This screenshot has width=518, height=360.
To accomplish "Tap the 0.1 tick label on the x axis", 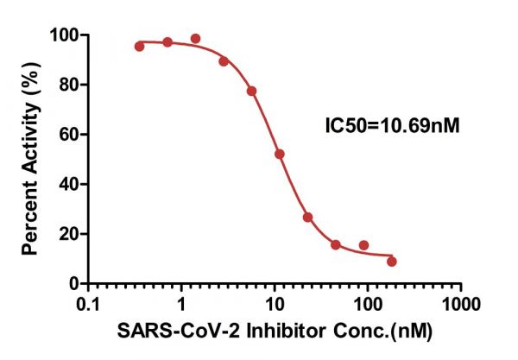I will pos(87,305).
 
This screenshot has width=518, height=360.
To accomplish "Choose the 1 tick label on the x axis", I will pos(181,305).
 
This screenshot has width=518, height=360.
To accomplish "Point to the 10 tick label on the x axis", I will pos(275,305).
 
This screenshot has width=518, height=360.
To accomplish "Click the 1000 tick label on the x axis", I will pos(461,305).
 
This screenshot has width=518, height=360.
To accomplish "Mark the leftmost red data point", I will pos(140,46).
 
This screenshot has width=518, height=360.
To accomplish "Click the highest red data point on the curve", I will pos(195,39).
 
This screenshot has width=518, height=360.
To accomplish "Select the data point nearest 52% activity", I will pos(280,154).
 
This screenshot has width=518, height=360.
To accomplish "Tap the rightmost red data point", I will pos(392,261).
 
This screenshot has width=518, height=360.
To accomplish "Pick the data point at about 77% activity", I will pos(251,91).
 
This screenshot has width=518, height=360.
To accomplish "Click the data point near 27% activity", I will pos(307,217).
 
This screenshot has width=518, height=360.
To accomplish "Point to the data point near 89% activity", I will pos(224,61).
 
